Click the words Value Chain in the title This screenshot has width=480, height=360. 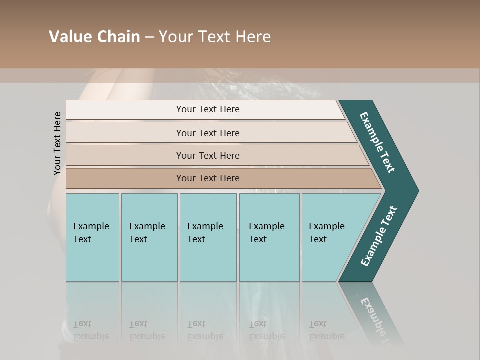[x=94, y=37]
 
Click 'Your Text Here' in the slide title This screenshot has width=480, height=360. [x=215, y=37]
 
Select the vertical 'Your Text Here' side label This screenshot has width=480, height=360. [x=57, y=143]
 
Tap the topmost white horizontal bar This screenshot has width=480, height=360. [x=207, y=109]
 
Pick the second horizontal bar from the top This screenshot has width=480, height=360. [x=207, y=133]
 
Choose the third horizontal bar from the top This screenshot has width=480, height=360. [x=207, y=155]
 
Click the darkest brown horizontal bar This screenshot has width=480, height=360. [x=207, y=178]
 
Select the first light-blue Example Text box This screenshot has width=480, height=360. [x=92, y=237]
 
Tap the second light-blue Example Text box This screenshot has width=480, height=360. [x=149, y=237]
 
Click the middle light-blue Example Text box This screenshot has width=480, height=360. [x=208, y=237]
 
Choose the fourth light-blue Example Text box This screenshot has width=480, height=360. [x=269, y=237]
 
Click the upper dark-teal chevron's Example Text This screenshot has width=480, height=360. [x=377, y=142]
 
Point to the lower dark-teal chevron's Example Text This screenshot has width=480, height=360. [x=378, y=236]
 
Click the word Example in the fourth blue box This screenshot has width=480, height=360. [x=267, y=226]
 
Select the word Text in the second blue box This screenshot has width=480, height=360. [x=138, y=239]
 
